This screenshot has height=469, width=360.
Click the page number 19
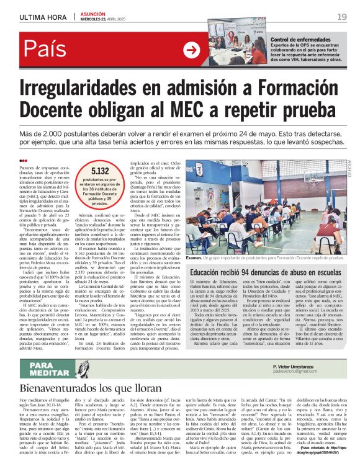point(342,16)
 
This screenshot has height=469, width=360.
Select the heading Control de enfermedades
point(300,40)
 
